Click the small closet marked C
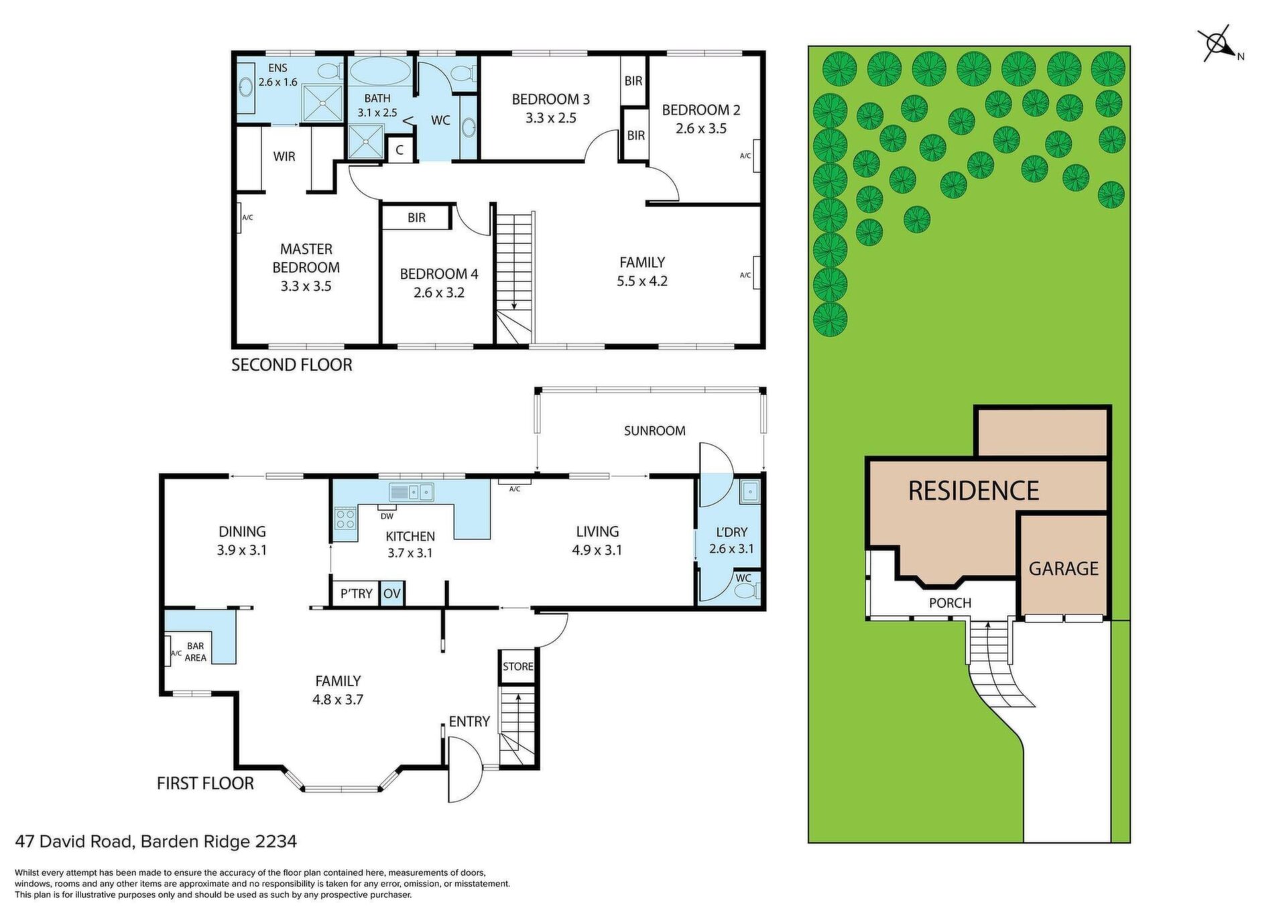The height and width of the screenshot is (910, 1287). pyautogui.click(x=400, y=150)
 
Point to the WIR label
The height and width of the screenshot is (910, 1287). pyautogui.click(x=284, y=156)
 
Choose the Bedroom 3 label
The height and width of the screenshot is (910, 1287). pyautogui.click(x=550, y=109)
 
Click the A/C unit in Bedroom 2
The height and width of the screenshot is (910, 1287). pyautogui.click(x=756, y=155)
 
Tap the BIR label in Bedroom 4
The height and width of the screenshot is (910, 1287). pyautogui.click(x=416, y=218)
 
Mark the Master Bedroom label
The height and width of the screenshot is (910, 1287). pyautogui.click(x=306, y=267)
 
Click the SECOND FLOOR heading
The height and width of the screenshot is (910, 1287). pyautogui.click(x=292, y=365)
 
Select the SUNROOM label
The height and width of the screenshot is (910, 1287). pyautogui.click(x=654, y=431)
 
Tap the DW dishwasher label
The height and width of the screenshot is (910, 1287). pyautogui.click(x=387, y=516)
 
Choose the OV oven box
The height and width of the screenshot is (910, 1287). pyautogui.click(x=391, y=594)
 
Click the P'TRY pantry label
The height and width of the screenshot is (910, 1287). pyautogui.click(x=356, y=594)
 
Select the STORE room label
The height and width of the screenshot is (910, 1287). pyautogui.click(x=518, y=666)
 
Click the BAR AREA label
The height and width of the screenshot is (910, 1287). pyautogui.click(x=196, y=652)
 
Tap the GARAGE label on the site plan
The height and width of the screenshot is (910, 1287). pyautogui.click(x=1063, y=569)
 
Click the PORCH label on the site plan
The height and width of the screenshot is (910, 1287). pyautogui.click(x=950, y=603)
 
